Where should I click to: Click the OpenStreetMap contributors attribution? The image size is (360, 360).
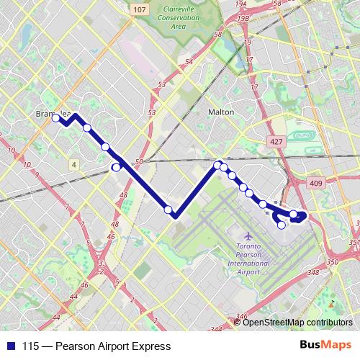tap(297, 323)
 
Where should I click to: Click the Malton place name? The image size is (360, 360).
tap(220, 112)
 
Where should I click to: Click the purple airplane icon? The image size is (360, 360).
tap(249, 235)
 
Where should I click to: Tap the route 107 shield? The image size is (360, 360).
tap(140, 9)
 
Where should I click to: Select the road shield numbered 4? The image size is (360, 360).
tap(74, 165)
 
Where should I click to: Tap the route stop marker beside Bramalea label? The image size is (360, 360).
tap(55, 118)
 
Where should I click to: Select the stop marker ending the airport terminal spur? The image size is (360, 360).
tap(282, 225)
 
